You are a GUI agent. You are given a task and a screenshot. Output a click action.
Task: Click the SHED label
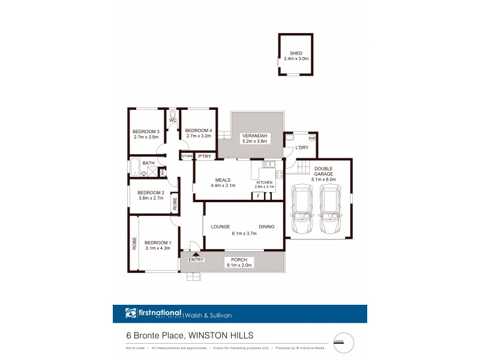click(296, 53)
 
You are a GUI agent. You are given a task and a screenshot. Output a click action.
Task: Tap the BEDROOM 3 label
click(146, 131)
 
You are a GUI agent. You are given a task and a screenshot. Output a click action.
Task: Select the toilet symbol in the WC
click(172, 113)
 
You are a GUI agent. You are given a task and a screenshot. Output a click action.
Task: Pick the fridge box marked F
click(257, 196)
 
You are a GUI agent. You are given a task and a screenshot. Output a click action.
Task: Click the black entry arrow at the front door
click(195, 254)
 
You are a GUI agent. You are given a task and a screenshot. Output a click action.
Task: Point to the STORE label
click(187, 157)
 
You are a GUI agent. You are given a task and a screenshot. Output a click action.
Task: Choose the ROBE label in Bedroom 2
click(175, 203)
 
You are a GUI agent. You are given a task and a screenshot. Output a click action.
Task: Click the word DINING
click(266, 227)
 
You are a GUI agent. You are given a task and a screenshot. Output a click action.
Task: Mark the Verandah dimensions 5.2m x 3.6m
click(254, 142)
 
